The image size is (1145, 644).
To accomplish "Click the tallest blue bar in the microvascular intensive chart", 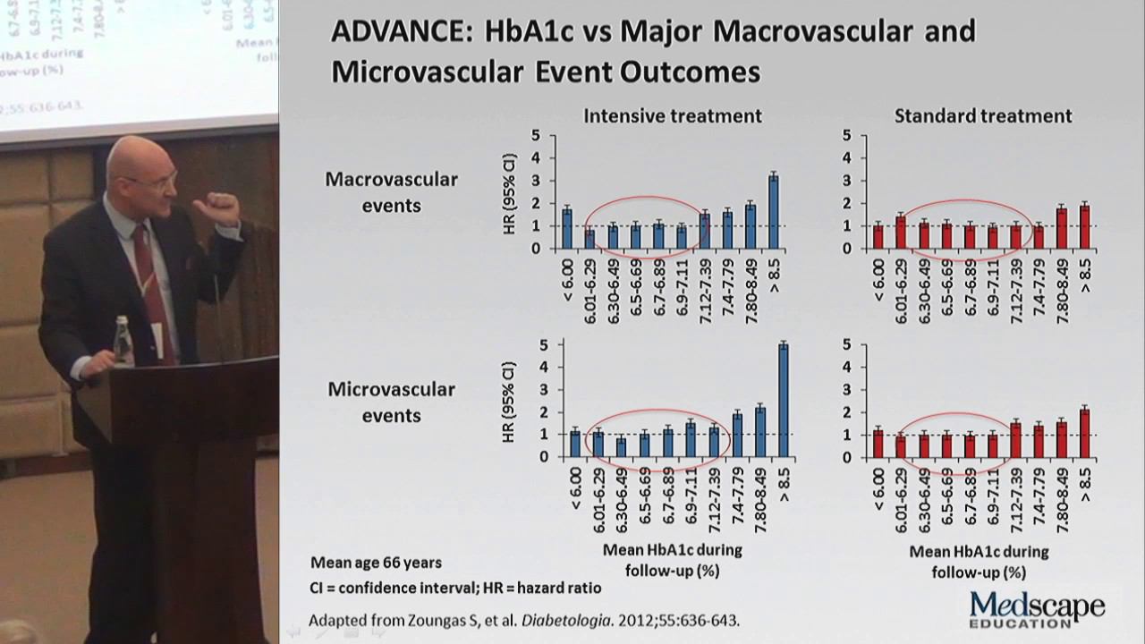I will (x=783, y=400).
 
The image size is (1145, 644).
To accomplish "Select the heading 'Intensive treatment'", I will (x=673, y=115).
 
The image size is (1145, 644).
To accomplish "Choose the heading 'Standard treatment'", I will (x=982, y=115).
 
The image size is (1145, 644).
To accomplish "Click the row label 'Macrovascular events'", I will (x=391, y=191).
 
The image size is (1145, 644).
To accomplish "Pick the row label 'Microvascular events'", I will (x=391, y=402).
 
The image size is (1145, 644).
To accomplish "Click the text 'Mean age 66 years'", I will (x=376, y=563).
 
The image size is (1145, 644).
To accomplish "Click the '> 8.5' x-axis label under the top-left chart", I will (x=774, y=275).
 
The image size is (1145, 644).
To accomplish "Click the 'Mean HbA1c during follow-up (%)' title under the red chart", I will (x=979, y=561).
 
